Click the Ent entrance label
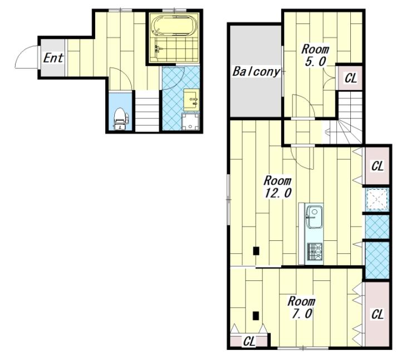[53, 58]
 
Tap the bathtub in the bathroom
[174, 26]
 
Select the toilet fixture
[121, 119]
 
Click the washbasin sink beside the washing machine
[191, 100]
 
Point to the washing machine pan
[190, 122]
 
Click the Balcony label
[256, 72]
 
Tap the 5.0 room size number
[315, 62]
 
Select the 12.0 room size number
[278, 193]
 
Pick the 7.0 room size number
[302, 314]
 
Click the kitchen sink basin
[315, 216]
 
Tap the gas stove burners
[315, 251]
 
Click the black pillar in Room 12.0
[256, 251]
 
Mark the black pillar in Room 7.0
[256, 316]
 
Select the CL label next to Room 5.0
[351, 78]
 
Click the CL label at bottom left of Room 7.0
[249, 341]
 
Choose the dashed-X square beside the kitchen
[377, 199]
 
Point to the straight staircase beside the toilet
[147, 111]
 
